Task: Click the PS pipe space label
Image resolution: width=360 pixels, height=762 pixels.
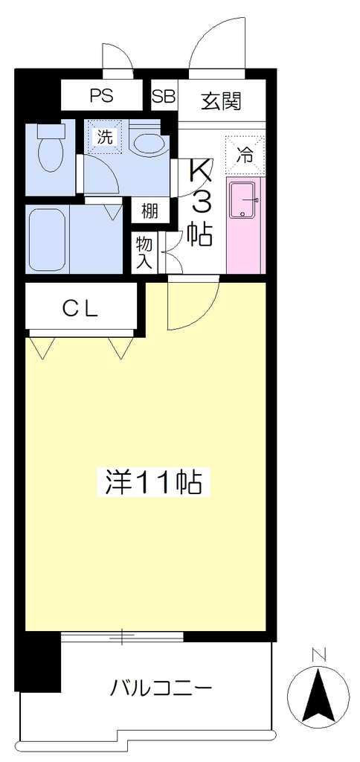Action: pos(102,96)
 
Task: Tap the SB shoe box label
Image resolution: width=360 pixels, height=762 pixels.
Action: pos(163,96)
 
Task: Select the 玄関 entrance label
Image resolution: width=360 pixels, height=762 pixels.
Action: pos(222,101)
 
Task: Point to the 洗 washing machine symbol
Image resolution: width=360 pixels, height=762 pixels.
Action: pos(106,137)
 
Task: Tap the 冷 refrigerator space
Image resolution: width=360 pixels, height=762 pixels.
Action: pos(245,156)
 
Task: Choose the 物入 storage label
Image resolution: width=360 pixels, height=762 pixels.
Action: pos(144,252)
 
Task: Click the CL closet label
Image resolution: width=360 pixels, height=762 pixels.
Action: pos(80,307)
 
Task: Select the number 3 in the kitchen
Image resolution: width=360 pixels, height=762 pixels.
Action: pos(201,202)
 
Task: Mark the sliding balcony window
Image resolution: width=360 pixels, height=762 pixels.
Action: pos(123,637)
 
